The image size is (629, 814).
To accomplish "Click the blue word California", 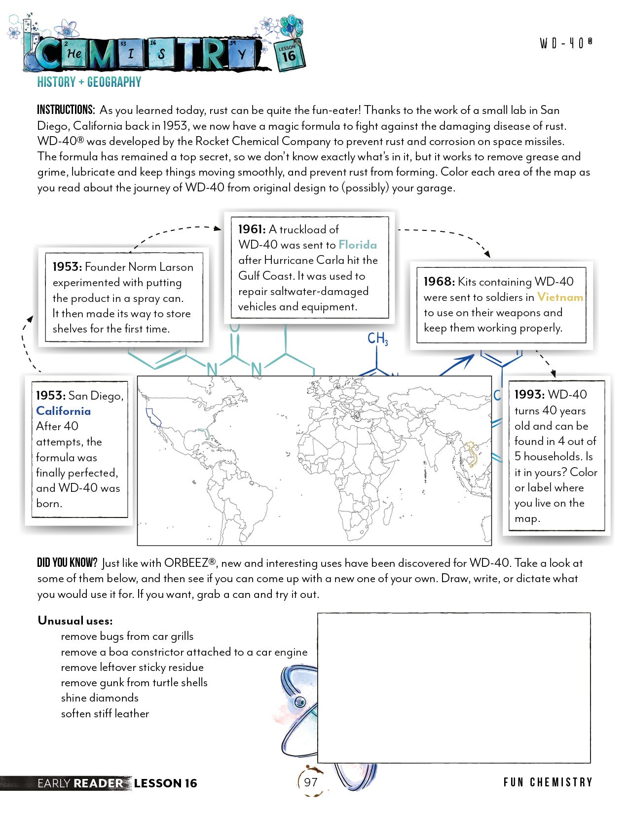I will (63, 411).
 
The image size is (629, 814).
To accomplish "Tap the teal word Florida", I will (358, 245).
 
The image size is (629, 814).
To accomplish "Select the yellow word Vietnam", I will (560, 297).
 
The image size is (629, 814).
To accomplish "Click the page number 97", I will (311, 782).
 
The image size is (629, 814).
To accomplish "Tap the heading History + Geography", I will (89, 82).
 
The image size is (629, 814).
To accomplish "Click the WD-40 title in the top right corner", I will (566, 43).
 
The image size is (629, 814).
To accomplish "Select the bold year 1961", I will (252, 229).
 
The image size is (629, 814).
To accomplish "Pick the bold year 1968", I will (439, 282).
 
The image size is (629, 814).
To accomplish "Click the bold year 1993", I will (529, 395).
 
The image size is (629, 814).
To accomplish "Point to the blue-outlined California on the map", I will (153, 417).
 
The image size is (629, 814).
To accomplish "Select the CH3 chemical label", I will (377, 338).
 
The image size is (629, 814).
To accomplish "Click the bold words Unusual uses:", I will (75, 621).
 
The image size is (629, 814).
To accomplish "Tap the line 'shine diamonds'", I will (100, 698).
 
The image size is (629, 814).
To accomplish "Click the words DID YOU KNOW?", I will (67, 563).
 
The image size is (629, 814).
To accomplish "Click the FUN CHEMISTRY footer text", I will (548, 782).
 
